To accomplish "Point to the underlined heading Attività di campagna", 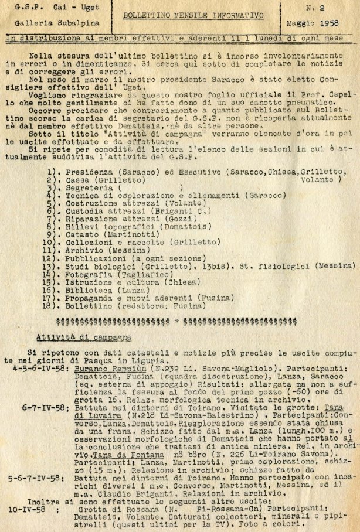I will pyautogui.click(x=83, y=337).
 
